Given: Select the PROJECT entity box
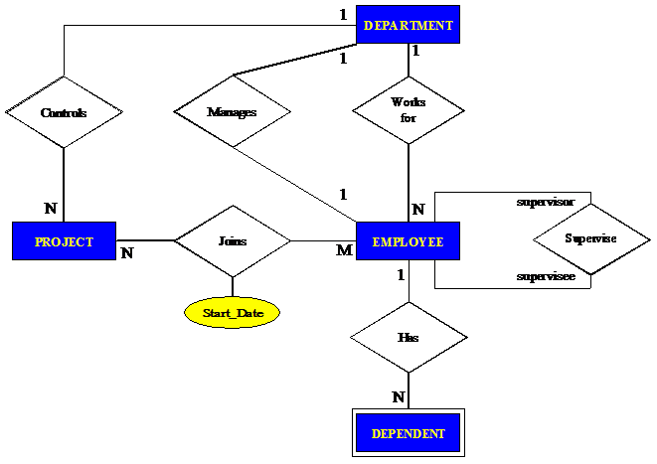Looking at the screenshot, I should point(64,241).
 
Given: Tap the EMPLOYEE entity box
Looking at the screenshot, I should point(408,241).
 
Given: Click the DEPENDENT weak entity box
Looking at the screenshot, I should point(408,433).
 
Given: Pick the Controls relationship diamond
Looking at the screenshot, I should point(64,112).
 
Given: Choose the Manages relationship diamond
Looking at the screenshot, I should point(232,112).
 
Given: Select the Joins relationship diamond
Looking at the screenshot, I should point(233,240).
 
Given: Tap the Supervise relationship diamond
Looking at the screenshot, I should point(590,239).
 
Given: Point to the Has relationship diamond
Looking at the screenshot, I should point(408,338).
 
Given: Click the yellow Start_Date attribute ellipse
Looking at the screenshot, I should point(233,313).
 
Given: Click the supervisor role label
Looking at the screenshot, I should point(546,203).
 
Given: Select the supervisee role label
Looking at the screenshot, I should point(546,276).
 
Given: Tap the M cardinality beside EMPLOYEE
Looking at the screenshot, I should point(344,250).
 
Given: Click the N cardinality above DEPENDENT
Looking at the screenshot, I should point(399,397).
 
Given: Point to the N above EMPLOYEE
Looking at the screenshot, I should point(418,210).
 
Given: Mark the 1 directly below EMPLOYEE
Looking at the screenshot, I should point(400,275).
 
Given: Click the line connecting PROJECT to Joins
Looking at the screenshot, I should point(145,240).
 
